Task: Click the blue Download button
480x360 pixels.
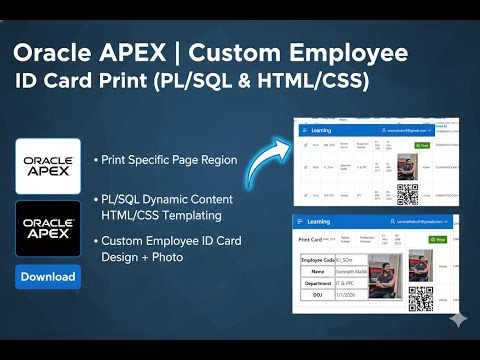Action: pos(48,277)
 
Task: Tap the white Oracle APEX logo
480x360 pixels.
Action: pos(48,166)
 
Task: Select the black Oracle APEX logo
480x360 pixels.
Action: pos(48,230)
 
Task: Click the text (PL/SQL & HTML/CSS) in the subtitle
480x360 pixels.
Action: pos(263,81)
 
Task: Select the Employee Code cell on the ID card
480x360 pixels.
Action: pos(317,261)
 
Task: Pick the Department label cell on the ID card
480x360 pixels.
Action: pos(317,283)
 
